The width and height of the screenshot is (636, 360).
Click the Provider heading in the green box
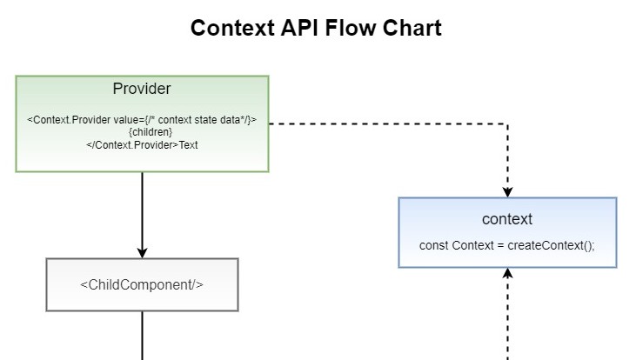point(142,89)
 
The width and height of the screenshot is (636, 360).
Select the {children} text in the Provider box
point(142,132)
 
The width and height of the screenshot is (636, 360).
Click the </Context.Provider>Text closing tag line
point(142,145)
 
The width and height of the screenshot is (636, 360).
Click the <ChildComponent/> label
point(142,284)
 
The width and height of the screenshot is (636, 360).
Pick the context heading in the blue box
point(507,219)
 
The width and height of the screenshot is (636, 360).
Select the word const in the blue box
point(434,245)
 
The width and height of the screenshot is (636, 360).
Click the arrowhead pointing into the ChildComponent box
point(142,252)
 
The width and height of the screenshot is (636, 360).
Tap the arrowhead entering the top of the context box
point(508,191)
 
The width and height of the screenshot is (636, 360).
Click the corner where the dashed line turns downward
point(508,123)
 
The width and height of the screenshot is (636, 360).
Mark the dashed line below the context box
point(508,322)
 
